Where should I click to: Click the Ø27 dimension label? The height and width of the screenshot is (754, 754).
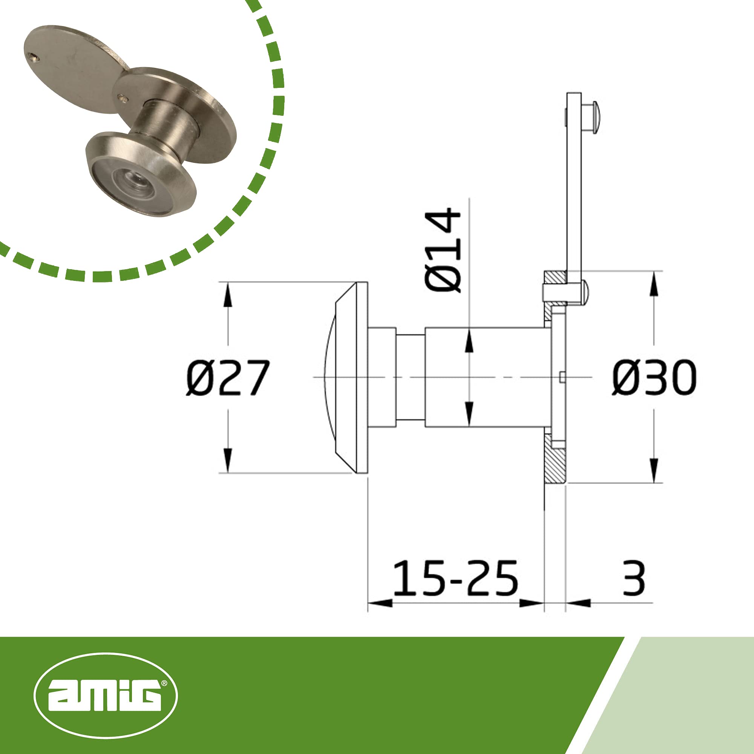click(x=228, y=378)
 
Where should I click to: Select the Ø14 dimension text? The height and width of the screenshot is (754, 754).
click(x=443, y=250)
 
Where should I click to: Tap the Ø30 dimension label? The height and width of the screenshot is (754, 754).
click(x=654, y=377)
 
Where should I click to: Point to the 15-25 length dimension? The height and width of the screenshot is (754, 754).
click(x=455, y=578)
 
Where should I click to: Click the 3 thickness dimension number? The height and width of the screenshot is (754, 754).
click(x=634, y=578)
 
